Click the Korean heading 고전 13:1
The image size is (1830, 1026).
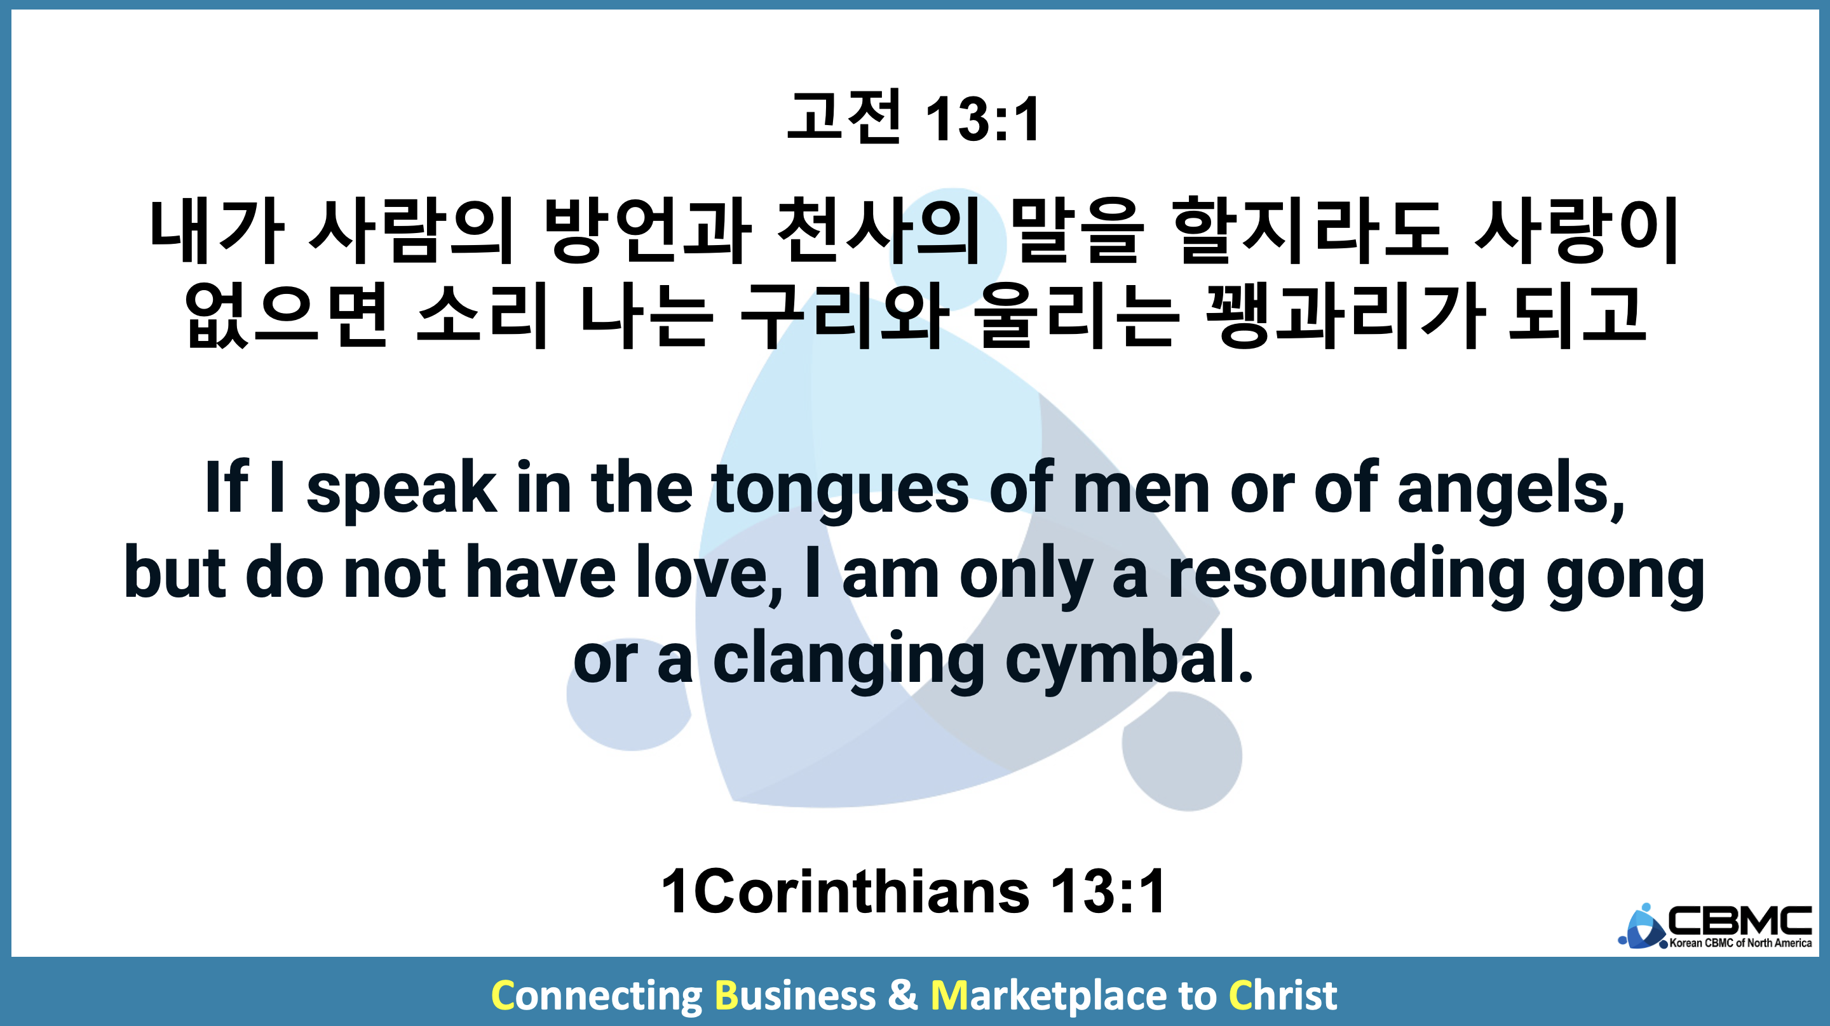pos(914,117)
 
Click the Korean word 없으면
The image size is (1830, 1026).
pos(287,316)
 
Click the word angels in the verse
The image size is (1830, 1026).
pos(1510,488)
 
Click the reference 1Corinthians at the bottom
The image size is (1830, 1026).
pos(844,891)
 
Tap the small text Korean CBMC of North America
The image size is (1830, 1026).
pos(1740,943)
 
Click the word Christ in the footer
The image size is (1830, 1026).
pos(1283,996)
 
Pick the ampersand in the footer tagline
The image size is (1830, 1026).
pos(902,996)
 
